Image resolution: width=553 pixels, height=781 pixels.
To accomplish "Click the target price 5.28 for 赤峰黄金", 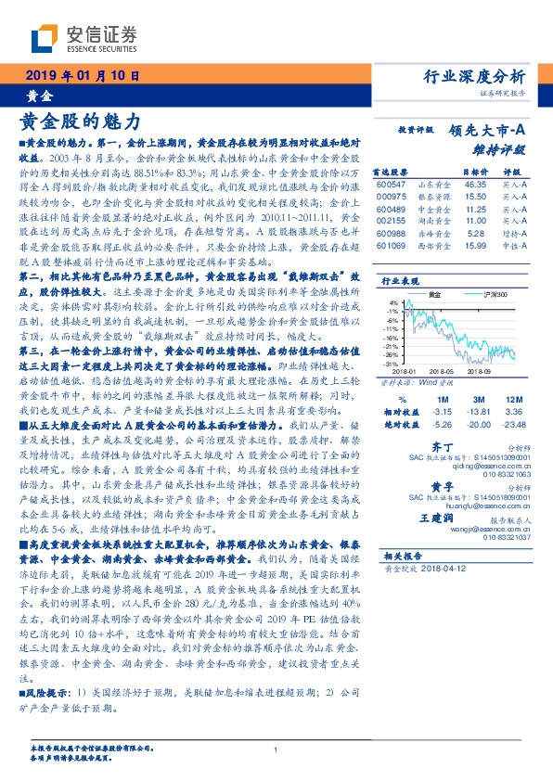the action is (x=475, y=237).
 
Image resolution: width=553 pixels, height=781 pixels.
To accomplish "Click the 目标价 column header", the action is (x=474, y=173).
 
